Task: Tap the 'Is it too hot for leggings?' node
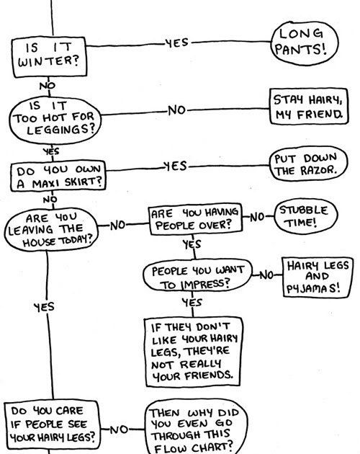[53, 115]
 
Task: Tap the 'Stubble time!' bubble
[303, 216]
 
